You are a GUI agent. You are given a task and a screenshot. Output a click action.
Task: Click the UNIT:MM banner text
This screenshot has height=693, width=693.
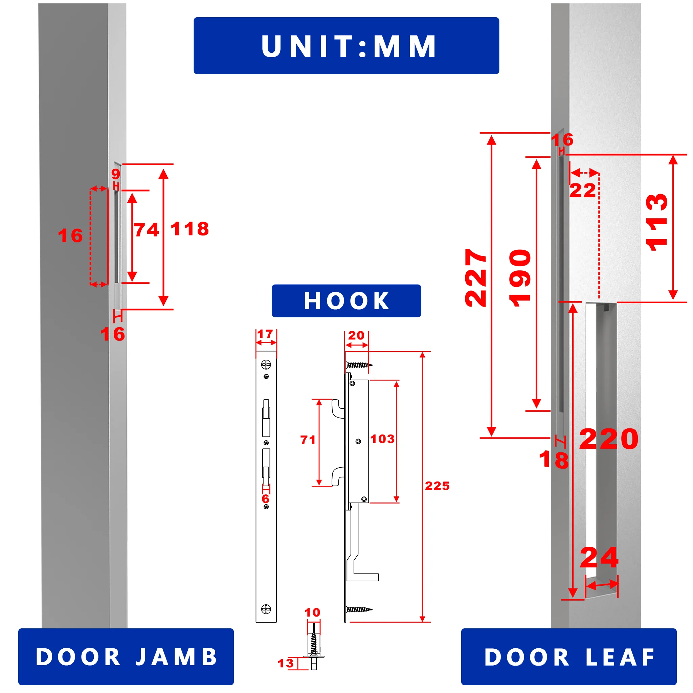point(348,46)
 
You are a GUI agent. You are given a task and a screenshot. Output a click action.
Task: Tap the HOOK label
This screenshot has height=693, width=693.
point(346,300)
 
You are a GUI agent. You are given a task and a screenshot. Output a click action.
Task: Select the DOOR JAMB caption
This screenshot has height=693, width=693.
point(126,657)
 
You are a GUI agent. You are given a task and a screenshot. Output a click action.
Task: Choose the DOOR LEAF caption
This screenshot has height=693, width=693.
point(569,657)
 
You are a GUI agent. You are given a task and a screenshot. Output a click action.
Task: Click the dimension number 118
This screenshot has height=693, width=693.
point(190,229)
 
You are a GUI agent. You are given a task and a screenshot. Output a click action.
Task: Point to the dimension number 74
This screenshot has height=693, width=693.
point(146,230)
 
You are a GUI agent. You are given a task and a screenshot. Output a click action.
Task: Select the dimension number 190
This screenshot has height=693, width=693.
point(520,278)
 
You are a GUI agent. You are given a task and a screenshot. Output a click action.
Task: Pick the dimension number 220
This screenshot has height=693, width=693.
point(609,439)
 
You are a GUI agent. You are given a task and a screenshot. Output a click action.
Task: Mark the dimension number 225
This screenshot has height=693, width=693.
point(437,486)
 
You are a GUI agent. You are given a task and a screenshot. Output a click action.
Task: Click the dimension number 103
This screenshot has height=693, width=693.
point(382,439)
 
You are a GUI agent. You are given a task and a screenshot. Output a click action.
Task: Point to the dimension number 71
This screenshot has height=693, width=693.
point(308,440)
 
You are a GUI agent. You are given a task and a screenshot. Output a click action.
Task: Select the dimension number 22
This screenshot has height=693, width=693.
point(583,191)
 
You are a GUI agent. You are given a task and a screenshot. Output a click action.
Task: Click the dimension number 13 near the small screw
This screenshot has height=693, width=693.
point(286,663)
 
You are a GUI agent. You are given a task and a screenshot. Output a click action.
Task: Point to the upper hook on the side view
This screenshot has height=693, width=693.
point(337,409)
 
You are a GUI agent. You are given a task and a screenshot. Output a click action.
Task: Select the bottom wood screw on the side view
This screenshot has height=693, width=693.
point(359,609)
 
